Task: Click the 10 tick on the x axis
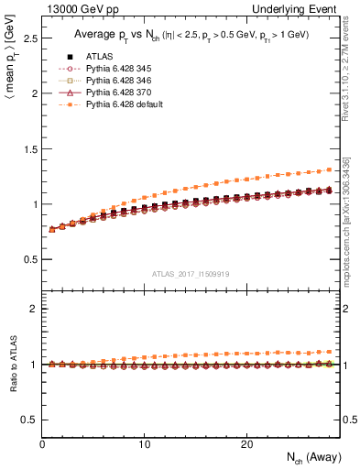[x=145, y=444]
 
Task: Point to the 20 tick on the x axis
[x=246, y=444]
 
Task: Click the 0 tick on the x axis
[x=43, y=444]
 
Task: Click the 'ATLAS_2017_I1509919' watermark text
[x=191, y=272]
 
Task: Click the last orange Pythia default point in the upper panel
[x=329, y=169]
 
